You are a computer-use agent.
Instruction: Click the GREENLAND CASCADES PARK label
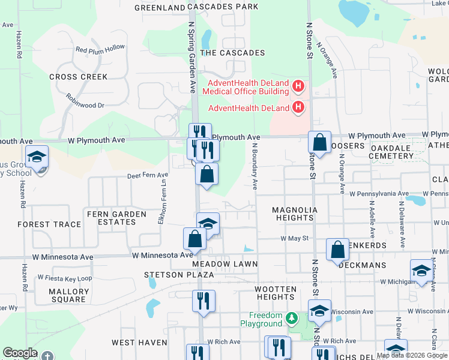[x=196, y=7]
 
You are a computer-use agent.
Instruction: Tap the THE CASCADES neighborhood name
[x=232, y=53]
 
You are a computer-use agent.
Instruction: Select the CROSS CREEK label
[x=79, y=77]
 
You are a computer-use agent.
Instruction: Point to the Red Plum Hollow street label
[x=100, y=48]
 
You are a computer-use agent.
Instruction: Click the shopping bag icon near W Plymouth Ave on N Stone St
[x=320, y=143]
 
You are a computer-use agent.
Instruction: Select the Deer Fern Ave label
[x=148, y=175]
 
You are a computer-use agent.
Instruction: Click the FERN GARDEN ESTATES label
[x=116, y=218]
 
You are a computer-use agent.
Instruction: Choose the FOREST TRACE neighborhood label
[x=49, y=224]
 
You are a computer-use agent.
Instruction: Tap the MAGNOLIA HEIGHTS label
[x=293, y=214]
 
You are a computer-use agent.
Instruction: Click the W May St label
[x=294, y=238]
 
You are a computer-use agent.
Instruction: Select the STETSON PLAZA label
[x=179, y=275]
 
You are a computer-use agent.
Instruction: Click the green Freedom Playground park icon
[x=292, y=317]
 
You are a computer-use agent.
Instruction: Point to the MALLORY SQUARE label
[x=69, y=296]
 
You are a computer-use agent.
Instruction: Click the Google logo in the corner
[x=20, y=353]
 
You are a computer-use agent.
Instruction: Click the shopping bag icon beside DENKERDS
[x=337, y=249]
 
